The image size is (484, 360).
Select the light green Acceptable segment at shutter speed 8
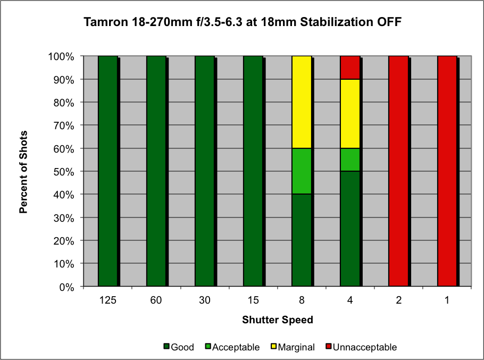click(302, 171)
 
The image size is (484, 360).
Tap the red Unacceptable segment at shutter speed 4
click(350, 68)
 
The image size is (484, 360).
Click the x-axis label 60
click(156, 300)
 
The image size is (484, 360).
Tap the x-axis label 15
click(253, 300)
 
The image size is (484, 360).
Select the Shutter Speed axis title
click(277, 320)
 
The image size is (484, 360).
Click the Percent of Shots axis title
click(23, 172)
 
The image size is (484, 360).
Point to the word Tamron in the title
click(103, 22)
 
